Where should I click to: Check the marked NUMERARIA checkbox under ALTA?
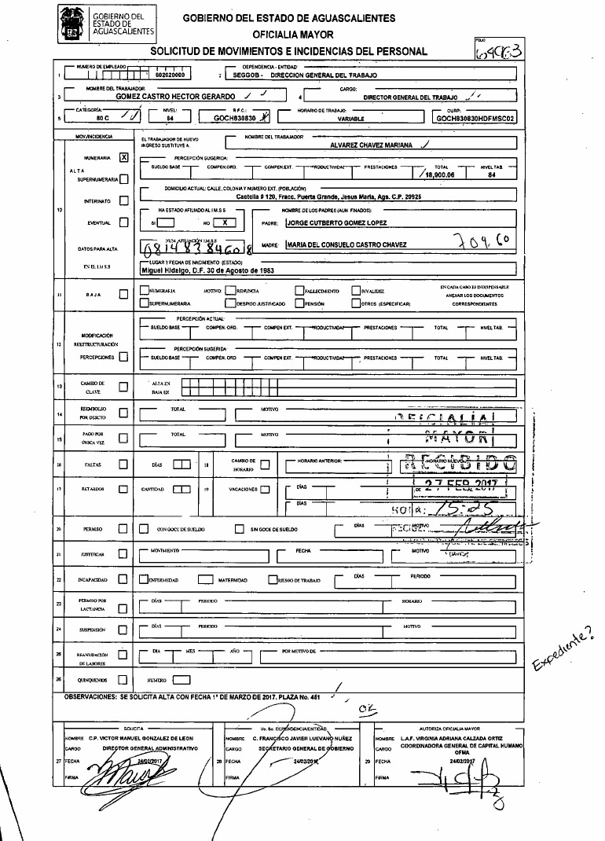123,156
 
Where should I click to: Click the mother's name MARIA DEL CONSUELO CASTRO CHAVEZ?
346,245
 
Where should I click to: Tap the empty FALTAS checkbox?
123,465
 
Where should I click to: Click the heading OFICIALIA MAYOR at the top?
293,35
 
